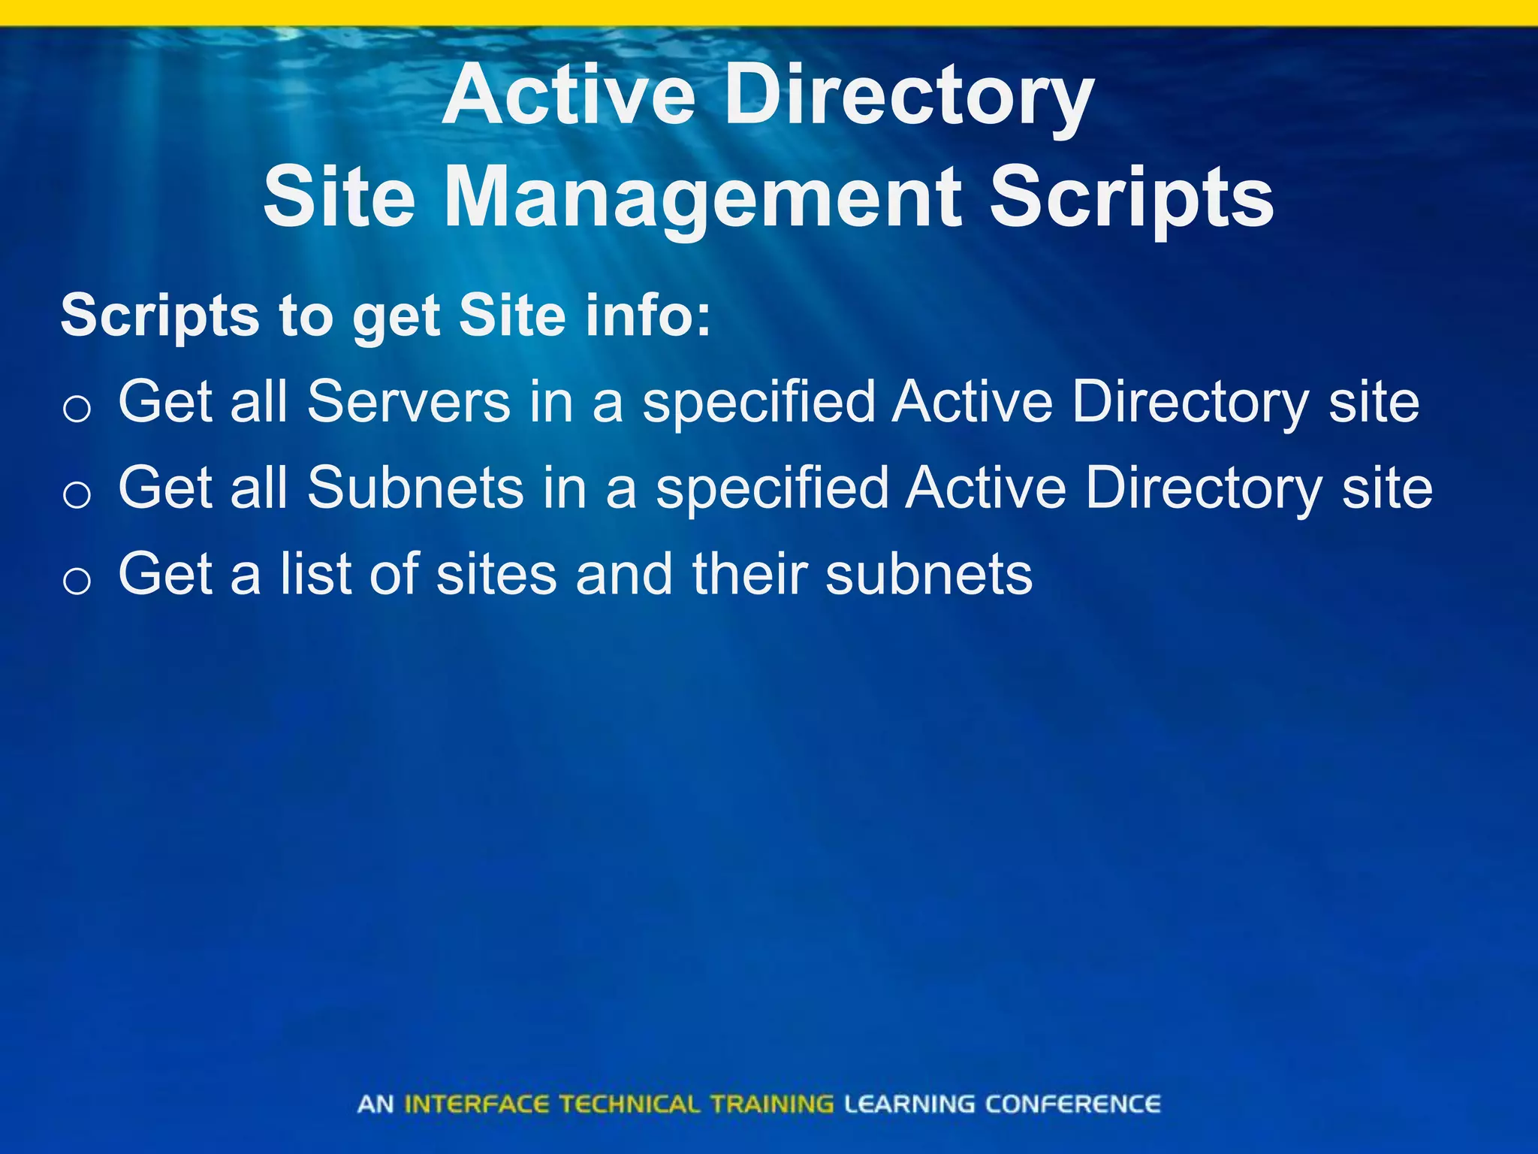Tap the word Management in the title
tap(701, 198)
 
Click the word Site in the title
tap(339, 198)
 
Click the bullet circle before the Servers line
tap(77, 409)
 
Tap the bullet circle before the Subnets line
tap(77, 495)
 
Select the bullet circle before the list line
tap(77, 581)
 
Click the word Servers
tap(409, 402)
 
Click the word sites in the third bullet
tap(496, 574)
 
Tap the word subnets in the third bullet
tap(929, 574)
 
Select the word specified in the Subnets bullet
tap(772, 489)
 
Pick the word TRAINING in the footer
tap(772, 1104)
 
